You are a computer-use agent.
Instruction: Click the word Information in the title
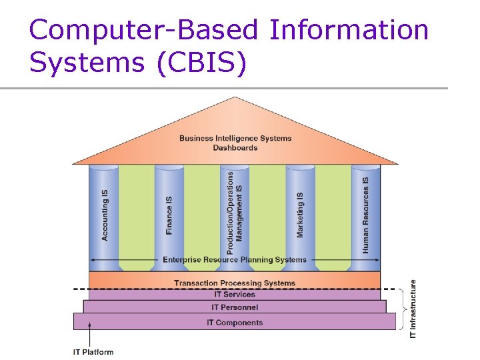(x=349, y=30)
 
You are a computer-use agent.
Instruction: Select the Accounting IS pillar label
(x=105, y=215)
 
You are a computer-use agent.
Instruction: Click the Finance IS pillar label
(x=169, y=215)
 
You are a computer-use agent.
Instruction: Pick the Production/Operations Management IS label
(x=235, y=213)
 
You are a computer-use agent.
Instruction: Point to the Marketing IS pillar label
(x=300, y=215)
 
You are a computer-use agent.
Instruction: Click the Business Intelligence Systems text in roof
(x=235, y=138)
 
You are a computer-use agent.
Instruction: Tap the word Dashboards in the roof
(x=235, y=147)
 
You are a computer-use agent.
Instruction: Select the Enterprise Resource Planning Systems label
(x=235, y=259)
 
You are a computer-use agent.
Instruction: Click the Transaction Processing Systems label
(x=235, y=283)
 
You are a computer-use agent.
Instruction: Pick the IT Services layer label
(x=235, y=294)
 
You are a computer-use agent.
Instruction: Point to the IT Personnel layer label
(x=235, y=307)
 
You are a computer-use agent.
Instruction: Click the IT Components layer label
(x=235, y=323)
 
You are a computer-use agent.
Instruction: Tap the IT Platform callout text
(x=93, y=352)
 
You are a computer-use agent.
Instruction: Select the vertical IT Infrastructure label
(x=413, y=308)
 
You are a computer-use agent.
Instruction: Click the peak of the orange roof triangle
(x=235, y=99)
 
